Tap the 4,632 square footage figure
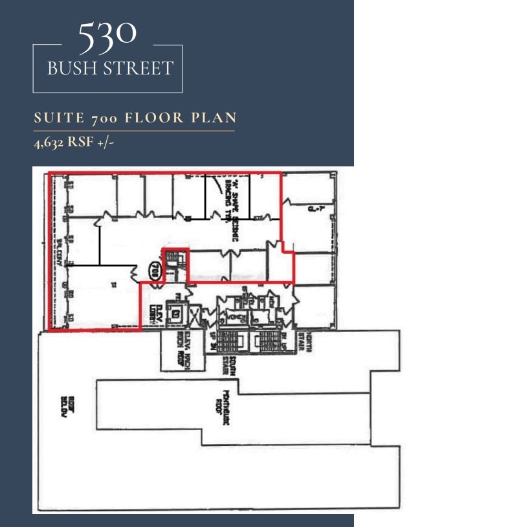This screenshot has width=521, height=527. [49, 142]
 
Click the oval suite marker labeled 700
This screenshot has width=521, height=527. [155, 269]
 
